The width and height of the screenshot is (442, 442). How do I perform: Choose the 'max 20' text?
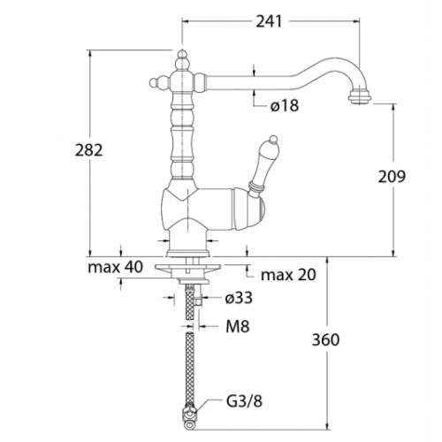[287, 274]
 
